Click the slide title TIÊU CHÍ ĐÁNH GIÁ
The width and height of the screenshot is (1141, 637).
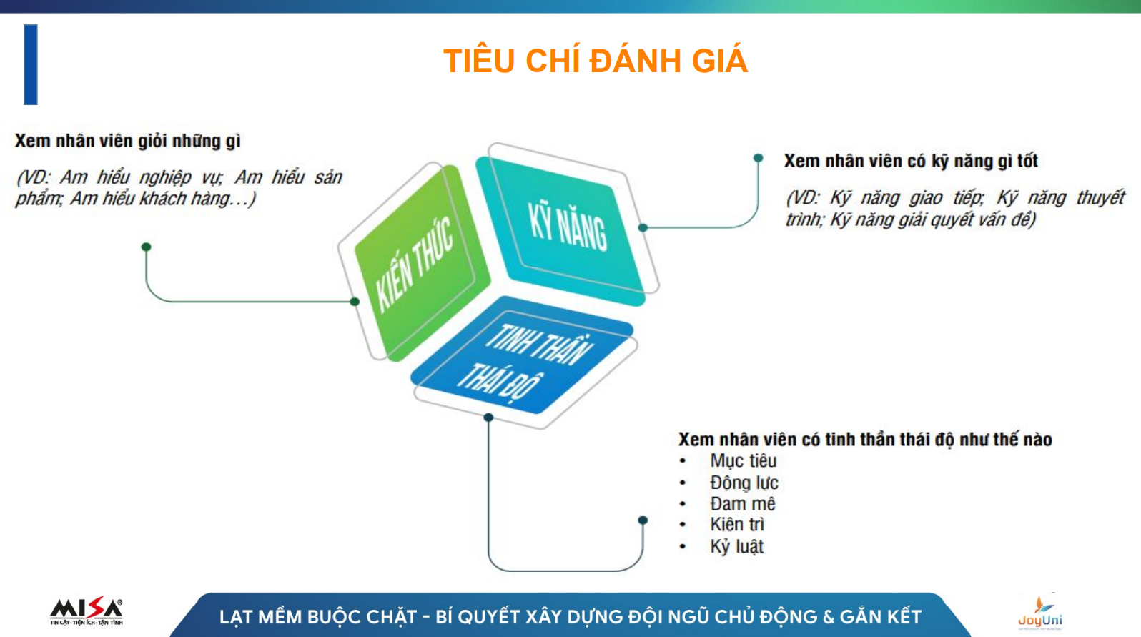[x=595, y=60]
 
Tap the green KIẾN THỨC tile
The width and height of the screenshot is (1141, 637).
[x=421, y=262]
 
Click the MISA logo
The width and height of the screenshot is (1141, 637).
[x=86, y=611]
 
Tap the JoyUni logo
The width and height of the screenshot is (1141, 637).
[x=1040, y=613]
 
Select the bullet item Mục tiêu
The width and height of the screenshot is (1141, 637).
[x=744, y=461]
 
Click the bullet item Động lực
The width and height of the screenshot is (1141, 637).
[x=744, y=483]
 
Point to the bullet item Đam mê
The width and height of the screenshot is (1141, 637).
[x=743, y=504]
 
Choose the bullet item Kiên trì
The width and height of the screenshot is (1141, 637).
[x=737, y=525]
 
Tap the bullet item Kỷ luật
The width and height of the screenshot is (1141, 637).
[x=736, y=547]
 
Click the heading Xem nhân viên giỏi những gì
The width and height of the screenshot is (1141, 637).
[x=128, y=141]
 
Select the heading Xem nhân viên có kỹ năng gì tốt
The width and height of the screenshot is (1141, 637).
[x=911, y=161]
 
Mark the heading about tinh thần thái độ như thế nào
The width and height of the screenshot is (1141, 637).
[x=865, y=439]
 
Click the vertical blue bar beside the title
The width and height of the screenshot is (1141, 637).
[x=31, y=64]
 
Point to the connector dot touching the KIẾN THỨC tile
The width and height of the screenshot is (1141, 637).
[x=355, y=302]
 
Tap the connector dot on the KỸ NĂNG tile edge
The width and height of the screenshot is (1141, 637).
[x=643, y=227]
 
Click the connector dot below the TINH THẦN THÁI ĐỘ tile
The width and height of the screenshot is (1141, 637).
[x=488, y=418]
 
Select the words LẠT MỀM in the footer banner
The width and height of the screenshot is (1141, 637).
[x=260, y=617]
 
